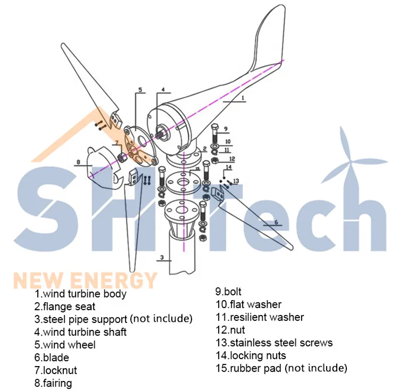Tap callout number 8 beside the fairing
click(x=78, y=162)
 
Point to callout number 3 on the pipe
click(x=161, y=258)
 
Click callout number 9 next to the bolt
click(x=226, y=129)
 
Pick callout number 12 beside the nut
click(x=232, y=159)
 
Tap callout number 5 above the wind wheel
click(x=140, y=90)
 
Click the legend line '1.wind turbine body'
click(x=81, y=294)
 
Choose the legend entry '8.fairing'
click(x=53, y=383)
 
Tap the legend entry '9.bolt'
click(x=228, y=292)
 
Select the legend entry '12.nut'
click(x=230, y=330)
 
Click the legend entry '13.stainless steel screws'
click(x=273, y=343)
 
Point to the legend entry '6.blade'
click(x=52, y=357)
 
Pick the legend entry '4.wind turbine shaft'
click(x=81, y=332)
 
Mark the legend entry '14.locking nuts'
click(x=250, y=355)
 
